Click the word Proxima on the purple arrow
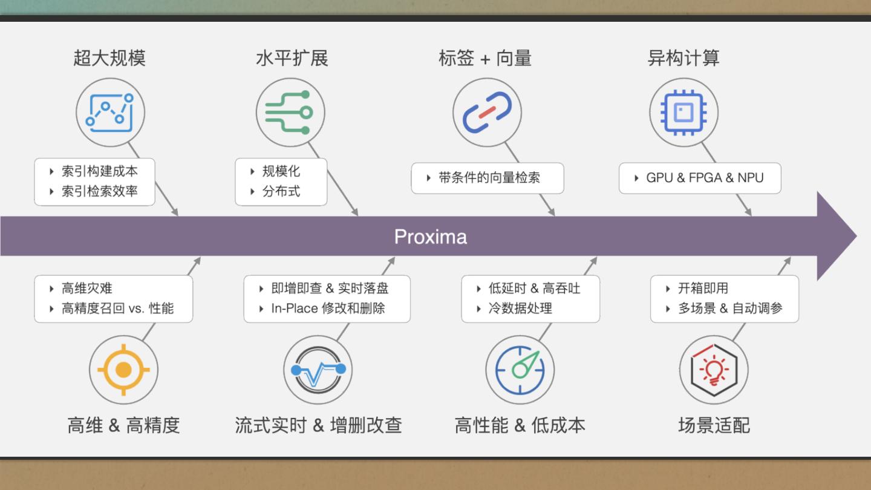coord(430,237)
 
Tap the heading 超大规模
coord(109,58)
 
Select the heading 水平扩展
coord(292,58)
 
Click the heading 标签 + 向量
coord(484,58)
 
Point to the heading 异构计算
coord(683,58)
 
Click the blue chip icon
coord(683,112)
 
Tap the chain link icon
coord(487,112)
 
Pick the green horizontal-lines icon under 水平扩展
coord(290,113)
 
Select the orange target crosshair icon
coord(123,370)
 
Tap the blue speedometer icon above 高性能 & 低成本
coord(520,370)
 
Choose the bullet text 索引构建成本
coord(100,171)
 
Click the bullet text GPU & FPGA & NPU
coord(705,178)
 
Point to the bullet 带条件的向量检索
coord(489,178)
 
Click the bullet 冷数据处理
coord(520,308)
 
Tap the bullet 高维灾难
coord(87,288)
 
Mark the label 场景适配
coord(714,425)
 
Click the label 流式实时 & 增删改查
coord(318,425)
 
